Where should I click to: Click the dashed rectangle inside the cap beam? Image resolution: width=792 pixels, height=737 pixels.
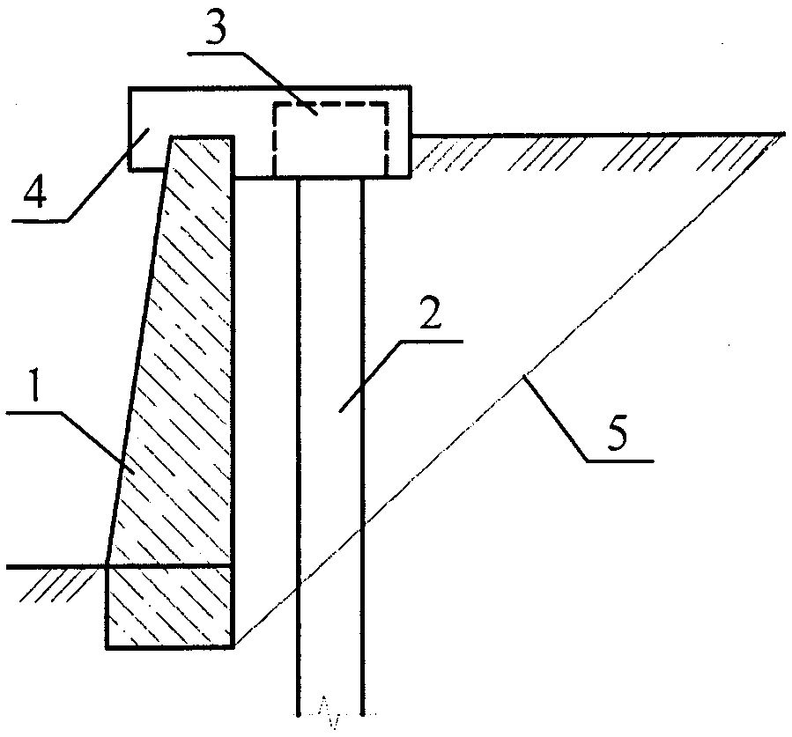coord(330,104)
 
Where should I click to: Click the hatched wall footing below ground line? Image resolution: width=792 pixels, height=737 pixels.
coord(170,607)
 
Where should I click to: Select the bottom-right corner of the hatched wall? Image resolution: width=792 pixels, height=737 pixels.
coord(233,646)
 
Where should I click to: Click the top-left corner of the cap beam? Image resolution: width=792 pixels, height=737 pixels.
coord(130,88)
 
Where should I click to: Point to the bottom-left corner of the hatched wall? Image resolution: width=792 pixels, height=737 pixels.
coord(107,648)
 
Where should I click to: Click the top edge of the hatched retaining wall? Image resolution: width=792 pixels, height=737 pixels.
coord(202,136)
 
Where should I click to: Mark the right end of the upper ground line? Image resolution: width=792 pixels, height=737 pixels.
coord(784,134)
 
